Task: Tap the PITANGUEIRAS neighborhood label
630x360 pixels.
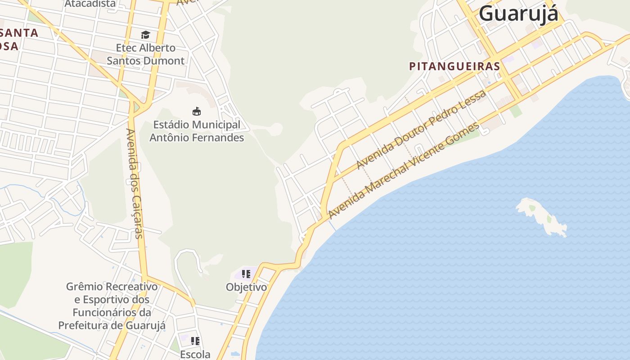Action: click(454, 66)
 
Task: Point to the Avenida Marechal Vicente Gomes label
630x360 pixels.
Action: click(404, 171)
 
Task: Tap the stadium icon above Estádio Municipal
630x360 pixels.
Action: click(197, 111)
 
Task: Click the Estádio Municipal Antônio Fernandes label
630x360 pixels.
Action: click(197, 131)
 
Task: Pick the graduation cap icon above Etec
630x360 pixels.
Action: click(145, 35)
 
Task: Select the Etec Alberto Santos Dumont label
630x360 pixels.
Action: click(145, 54)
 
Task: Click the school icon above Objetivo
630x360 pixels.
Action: click(246, 274)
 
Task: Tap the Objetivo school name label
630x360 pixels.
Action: click(246, 287)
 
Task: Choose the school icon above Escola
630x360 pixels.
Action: click(195, 341)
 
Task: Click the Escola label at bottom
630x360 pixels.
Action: click(195, 354)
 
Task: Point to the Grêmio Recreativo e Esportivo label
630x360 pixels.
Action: click(112, 306)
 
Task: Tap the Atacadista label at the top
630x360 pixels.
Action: click(90, 4)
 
